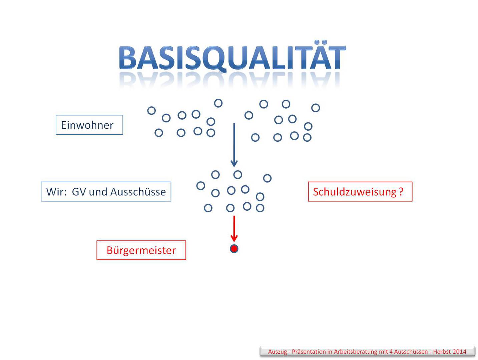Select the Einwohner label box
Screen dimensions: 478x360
[x=89, y=125]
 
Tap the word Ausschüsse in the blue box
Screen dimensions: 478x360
[x=138, y=192]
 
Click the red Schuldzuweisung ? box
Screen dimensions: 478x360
[x=360, y=192]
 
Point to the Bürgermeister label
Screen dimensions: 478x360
[x=141, y=250]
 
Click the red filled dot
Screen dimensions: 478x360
[x=234, y=249]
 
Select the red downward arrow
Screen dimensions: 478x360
[x=234, y=229]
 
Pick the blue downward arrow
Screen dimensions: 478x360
[x=234, y=145]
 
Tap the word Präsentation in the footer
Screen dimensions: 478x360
[x=309, y=352]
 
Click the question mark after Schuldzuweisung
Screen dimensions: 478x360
[x=401, y=192]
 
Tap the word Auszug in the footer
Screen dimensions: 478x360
[x=278, y=352]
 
